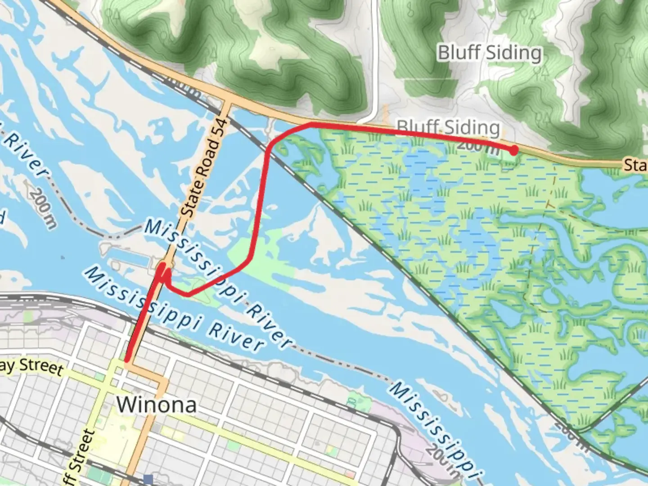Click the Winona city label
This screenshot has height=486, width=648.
point(157,405)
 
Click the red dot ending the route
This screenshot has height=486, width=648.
point(513,150)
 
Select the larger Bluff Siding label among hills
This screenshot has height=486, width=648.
point(490,53)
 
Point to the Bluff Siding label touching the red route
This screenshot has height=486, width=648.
point(448,127)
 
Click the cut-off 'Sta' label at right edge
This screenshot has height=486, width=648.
point(635,165)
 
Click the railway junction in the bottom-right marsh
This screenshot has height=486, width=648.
point(579,431)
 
